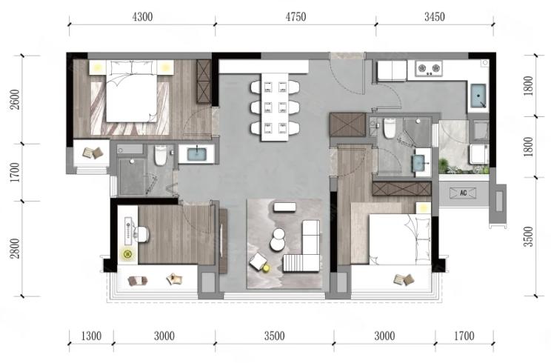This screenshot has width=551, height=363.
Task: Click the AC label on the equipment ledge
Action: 463,193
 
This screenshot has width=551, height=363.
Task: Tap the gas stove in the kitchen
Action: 429,68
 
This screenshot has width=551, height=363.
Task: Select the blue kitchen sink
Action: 478,96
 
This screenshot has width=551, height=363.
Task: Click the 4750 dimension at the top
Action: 295,16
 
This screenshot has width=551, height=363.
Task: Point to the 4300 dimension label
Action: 142,16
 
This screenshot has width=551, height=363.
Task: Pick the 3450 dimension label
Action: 434,16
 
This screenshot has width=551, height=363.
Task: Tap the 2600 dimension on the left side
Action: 16,99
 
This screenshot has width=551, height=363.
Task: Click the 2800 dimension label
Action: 16,248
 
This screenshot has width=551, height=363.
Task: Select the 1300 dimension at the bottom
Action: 91,336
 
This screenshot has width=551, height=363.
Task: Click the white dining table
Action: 275,107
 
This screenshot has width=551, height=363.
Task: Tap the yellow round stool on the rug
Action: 267,268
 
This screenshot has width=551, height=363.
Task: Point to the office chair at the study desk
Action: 143,234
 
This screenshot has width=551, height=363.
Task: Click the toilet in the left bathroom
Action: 161,156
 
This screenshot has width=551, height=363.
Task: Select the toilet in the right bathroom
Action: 390,128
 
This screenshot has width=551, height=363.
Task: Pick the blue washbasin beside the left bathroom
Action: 196,154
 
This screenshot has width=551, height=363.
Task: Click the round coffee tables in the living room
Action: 278,240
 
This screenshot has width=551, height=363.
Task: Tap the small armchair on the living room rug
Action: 258,262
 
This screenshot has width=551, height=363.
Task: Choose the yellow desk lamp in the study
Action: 128,253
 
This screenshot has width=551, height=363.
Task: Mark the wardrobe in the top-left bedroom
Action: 204,81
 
